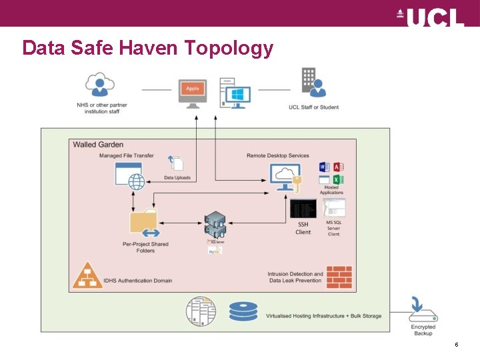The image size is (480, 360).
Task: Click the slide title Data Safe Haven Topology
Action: (x=147, y=48)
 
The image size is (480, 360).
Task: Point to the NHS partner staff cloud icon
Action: (x=101, y=85)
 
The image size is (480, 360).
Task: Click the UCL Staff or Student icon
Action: (x=313, y=84)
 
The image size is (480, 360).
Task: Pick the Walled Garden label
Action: (x=98, y=144)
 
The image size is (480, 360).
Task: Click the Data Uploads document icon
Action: (x=177, y=163)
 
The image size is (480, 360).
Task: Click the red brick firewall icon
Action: (x=339, y=276)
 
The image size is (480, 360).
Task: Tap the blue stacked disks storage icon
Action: (x=243, y=311)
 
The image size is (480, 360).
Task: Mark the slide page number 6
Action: (x=456, y=345)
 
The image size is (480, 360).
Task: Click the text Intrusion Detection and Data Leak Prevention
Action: (x=295, y=277)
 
